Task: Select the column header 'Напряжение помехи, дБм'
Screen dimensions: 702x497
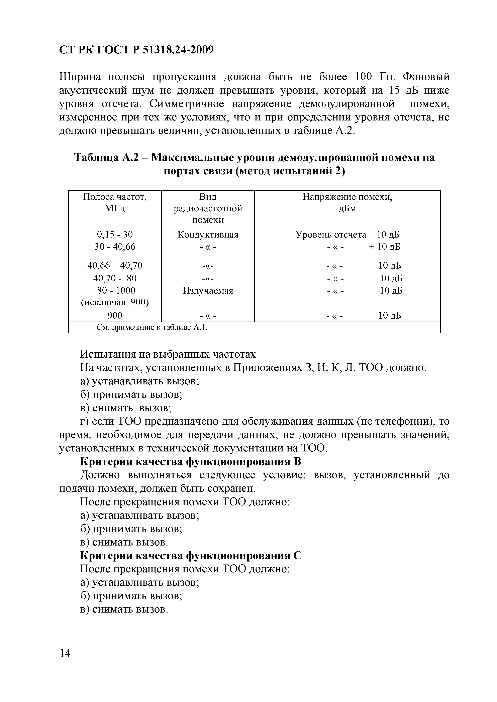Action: tap(347, 202)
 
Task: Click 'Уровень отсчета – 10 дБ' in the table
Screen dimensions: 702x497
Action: tap(347, 235)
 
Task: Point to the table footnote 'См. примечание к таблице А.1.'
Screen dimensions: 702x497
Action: tap(152, 327)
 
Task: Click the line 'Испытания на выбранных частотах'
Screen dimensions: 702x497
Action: tap(168, 354)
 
